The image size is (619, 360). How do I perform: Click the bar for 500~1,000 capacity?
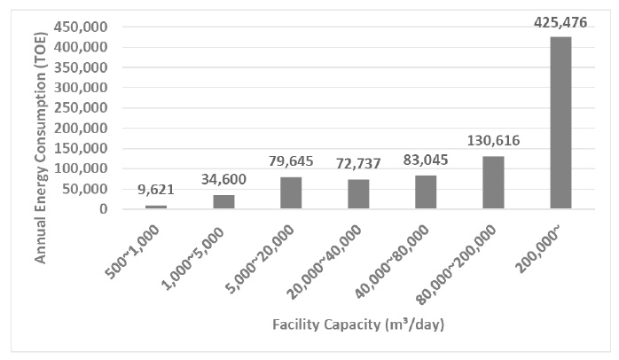coord(156,207)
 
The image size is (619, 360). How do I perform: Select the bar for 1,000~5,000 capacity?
coord(223,201)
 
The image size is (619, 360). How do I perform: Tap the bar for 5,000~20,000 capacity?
coord(291,192)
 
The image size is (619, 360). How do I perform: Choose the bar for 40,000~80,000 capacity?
coord(426,192)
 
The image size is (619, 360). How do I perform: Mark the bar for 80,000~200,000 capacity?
coord(493,182)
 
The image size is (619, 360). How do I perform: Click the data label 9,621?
coord(156,189)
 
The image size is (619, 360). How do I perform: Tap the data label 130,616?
coord(493,140)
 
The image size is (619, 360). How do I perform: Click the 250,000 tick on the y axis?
coord(82,107)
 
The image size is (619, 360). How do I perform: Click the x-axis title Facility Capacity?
coord(358,325)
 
